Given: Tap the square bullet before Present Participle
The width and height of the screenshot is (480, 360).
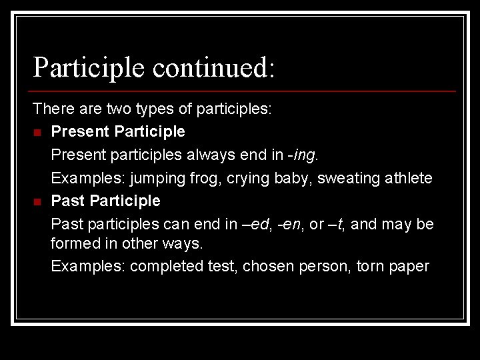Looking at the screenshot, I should click(37, 132).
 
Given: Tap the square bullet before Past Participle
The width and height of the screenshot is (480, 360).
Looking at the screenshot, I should click(37, 201).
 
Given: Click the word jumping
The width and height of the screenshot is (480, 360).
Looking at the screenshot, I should click(158, 178).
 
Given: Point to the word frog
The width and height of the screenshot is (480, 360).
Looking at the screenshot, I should click(206, 178).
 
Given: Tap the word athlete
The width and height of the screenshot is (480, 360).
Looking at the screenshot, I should click(408, 178).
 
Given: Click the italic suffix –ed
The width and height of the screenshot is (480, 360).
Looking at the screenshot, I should click(257, 224).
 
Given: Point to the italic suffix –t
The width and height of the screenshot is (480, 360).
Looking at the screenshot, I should click(335, 224).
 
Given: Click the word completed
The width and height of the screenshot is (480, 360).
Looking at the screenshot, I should click(160, 267).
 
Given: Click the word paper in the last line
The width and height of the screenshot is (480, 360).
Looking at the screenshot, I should click(410, 267).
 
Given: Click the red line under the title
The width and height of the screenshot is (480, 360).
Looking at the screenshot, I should click(244, 91).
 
